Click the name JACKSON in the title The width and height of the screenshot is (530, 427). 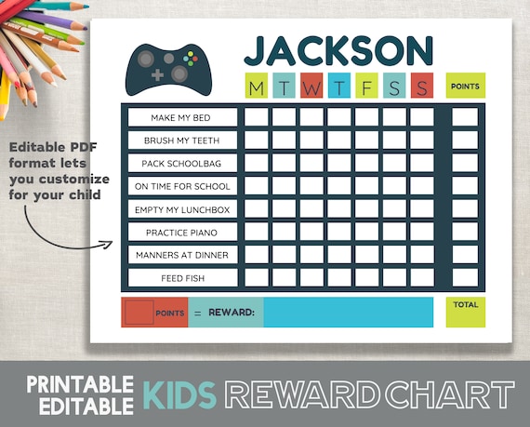tap(338, 51)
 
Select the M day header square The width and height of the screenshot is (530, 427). tap(256, 87)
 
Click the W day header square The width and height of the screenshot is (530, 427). tap(311, 87)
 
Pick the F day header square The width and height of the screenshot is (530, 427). tap(367, 87)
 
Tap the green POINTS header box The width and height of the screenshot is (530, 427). tap(464, 87)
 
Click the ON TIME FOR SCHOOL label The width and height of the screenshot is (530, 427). tap(180, 186)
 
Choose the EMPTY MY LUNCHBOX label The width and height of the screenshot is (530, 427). tap(180, 208)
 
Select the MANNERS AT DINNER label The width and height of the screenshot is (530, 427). tap(180, 254)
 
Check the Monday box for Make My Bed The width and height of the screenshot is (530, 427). tap(257, 117)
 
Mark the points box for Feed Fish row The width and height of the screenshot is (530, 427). tap(464, 277)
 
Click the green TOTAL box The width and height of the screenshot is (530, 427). tap(464, 312)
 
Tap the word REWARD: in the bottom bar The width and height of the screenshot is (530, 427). tap(232, 313)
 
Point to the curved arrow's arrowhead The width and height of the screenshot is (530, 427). tap(107, 247)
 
